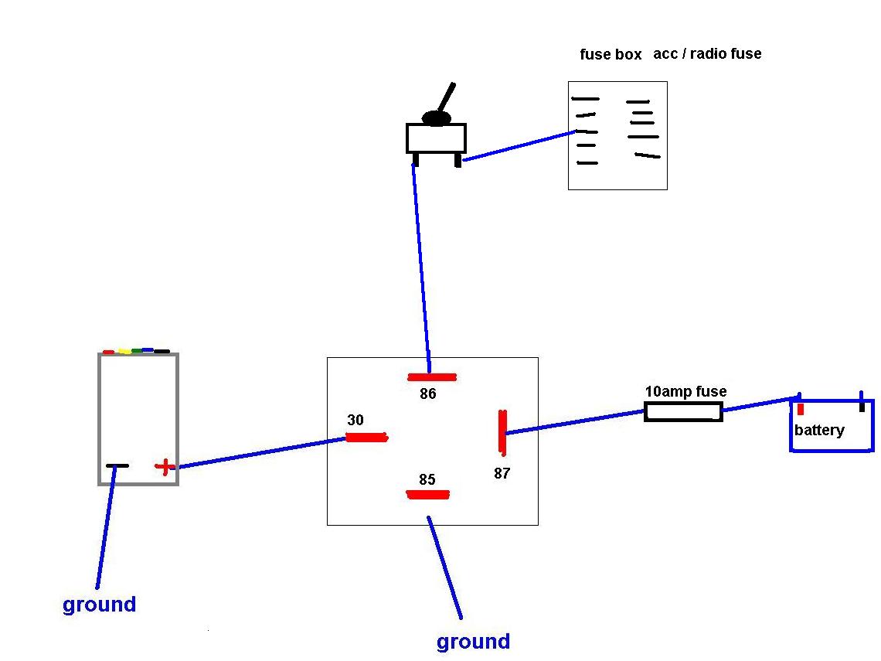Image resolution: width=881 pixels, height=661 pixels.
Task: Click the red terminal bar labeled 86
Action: tap(432, 377)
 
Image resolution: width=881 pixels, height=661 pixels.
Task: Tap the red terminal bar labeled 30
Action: tap(366, 438)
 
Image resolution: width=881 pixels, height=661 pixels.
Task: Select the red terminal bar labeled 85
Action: tap(427, 495)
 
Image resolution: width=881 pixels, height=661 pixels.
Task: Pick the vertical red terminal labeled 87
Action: tap(502, 431)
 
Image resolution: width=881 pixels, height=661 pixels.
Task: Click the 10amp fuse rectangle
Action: tap(683, 412)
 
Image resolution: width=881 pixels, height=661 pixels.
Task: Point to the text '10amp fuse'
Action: tap(685, 392)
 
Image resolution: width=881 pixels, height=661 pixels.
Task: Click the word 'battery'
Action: tap(819, 430)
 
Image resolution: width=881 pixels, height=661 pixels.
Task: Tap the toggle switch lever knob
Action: tap(437, 118)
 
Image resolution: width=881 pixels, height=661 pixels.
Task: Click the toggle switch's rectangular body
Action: tap(436, 138)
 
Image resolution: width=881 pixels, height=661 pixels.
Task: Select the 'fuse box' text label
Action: tap(611, 55)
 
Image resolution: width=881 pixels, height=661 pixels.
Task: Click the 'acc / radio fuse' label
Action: tap(707, 53)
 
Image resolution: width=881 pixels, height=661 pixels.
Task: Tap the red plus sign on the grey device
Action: tap(164, 466)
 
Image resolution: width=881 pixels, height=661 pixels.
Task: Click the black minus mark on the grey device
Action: tap(117, 465)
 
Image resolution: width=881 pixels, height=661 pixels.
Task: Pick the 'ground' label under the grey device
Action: tap(99, 605)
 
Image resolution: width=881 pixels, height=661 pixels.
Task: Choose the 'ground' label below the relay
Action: tap(473, 642)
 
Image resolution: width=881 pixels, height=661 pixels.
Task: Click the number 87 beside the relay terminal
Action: tap(502, 473)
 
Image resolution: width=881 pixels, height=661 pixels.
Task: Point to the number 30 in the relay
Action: tap(355, 421)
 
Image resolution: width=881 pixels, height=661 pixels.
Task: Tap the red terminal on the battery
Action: tap(801, 409)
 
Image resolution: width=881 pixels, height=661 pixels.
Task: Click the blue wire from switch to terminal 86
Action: tap(422, 263)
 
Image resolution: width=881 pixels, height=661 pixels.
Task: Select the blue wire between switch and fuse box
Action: tap(518, 146)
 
